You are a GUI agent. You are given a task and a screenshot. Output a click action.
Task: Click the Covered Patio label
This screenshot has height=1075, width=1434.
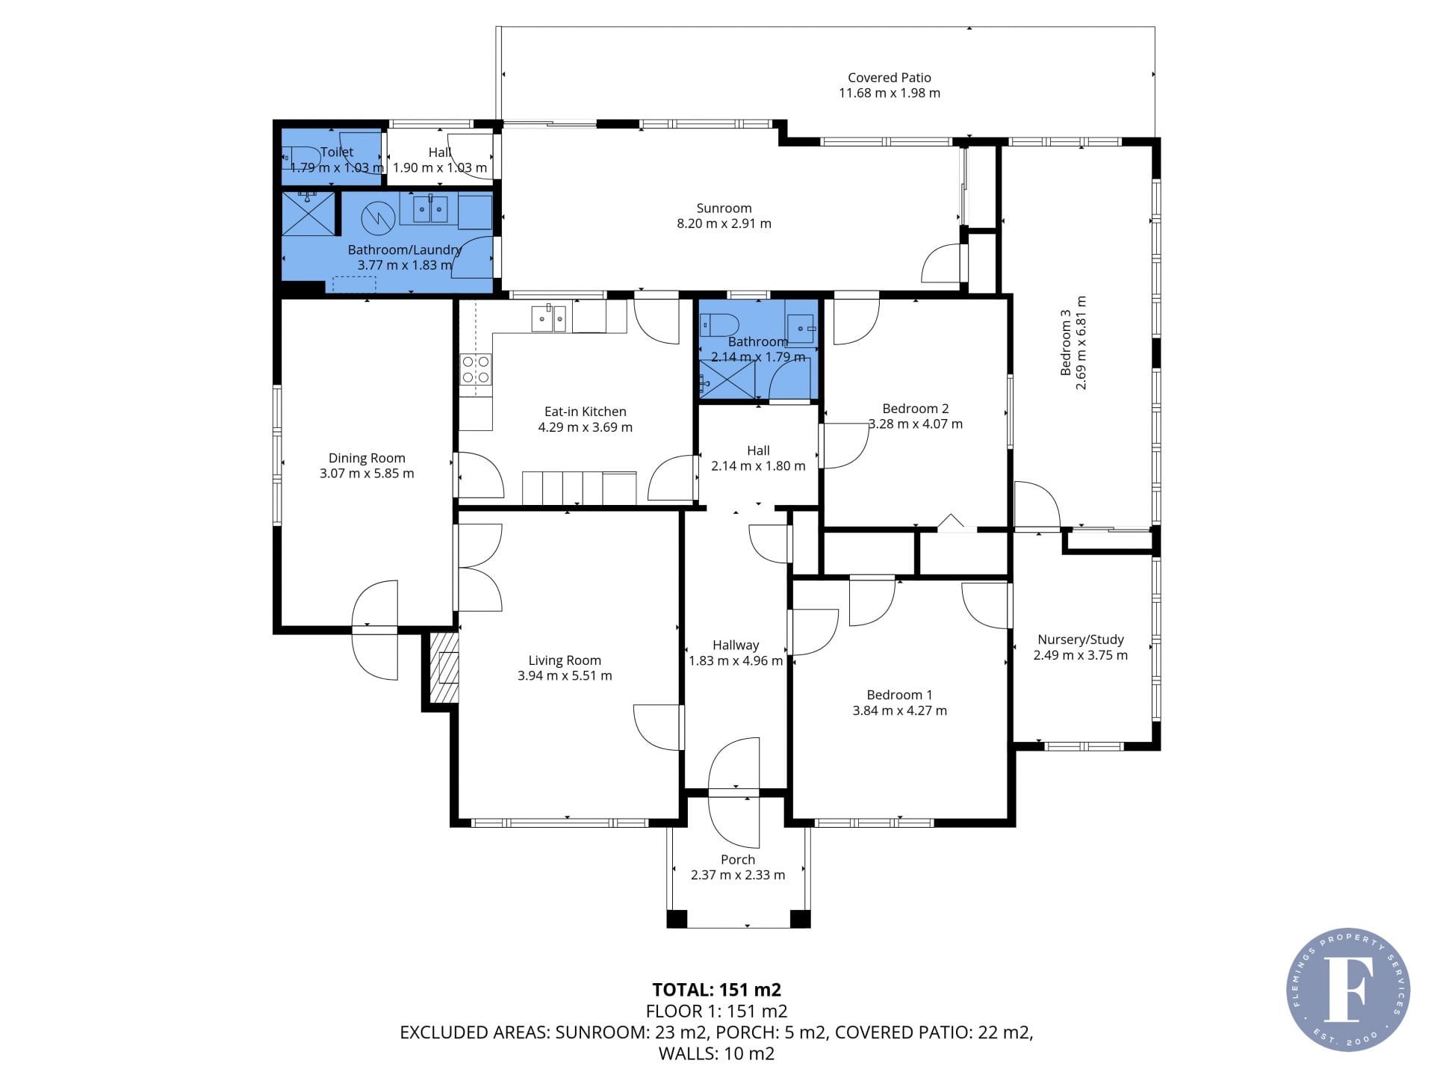(x=889, y=78)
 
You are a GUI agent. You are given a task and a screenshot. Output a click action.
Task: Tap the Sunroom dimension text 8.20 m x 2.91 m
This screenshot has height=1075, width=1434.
(x=724, y=223)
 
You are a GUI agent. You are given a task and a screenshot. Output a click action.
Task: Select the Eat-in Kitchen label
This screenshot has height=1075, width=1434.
(x=585, y=412)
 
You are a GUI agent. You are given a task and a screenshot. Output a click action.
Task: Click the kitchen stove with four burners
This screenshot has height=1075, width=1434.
(x=476, y=371)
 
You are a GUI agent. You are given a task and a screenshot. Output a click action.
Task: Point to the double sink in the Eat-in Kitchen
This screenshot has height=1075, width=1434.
(x=549, y=318)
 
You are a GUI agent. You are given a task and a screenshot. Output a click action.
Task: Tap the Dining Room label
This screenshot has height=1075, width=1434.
(x=367, y=458)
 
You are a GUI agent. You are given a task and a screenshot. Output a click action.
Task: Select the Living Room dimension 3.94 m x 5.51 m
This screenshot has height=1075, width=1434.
(x=565, y=676)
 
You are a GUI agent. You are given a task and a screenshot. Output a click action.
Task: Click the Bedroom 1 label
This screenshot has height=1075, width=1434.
(x=899, y=695)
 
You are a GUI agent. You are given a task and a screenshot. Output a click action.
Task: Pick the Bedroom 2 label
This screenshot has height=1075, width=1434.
(x=915, y=409)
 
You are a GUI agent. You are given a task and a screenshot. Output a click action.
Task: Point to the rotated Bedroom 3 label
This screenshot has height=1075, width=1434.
(x=1066, y=343)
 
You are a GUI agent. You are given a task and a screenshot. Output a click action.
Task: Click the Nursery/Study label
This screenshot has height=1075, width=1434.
(x=1080, y=639)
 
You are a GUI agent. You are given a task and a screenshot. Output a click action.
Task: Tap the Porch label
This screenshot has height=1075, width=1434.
(x=738, y=860)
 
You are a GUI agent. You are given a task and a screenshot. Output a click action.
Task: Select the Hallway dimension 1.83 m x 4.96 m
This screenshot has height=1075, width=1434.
(x=736, y=661)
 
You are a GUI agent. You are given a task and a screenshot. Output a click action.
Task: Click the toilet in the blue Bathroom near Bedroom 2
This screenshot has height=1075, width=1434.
(x=719, y=326)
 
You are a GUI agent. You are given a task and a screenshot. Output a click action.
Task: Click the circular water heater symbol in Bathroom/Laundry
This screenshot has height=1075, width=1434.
(x=378, y=218)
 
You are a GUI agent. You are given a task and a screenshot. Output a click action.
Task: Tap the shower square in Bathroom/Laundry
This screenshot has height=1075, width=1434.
(x=308, y=214)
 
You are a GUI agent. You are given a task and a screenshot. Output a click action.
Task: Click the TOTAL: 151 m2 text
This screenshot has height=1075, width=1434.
(x=716, y=990)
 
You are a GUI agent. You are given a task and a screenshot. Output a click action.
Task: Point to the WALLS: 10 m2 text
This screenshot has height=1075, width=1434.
(x=716, y=1054)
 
